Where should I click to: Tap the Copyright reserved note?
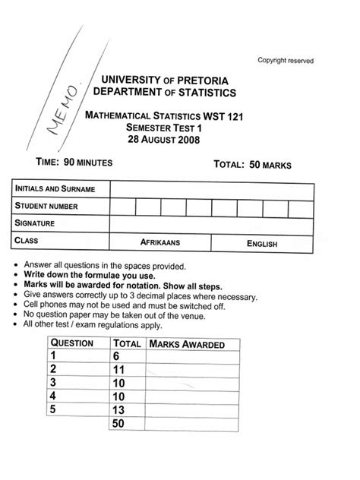click(x=285, y=61)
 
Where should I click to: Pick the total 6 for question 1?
click(x=117, y=356)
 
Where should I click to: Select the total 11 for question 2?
click(x=120, y=370)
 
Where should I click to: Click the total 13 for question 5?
click(x=120, y=409)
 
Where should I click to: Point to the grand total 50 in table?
click(x=119, y=423)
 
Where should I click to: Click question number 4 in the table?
click(x=55, y=396)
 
